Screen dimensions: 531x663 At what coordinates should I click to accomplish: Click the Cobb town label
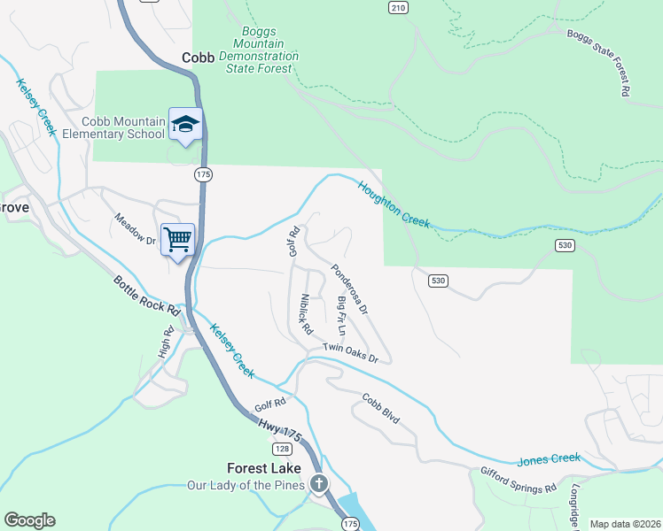click(199, 58)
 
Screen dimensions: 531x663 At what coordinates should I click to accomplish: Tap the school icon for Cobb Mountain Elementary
click(186, 124)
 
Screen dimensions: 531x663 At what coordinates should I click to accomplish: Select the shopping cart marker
click(177, 238)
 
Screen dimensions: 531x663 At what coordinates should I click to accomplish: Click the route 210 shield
click(397, 8)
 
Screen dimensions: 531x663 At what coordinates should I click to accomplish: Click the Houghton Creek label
click(394, 204)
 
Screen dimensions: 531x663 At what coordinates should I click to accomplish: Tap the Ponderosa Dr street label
click(349, 289)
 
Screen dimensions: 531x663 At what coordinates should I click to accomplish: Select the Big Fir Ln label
click(341, 314)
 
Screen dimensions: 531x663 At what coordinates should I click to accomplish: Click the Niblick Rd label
click(307, 313)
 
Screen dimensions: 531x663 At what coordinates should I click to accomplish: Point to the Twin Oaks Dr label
click(351, 353)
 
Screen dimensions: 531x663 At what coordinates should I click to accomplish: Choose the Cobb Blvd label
click(382, 409)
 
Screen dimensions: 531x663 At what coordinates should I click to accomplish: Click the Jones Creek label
click(549, 459)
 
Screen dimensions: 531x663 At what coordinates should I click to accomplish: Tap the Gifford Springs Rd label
click(519, 481)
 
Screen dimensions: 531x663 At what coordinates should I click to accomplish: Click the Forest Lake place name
click(263, 468)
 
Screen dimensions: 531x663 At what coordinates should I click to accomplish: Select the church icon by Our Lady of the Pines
click(318, 483)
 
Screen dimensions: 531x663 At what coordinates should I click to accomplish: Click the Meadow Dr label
click(136, 229)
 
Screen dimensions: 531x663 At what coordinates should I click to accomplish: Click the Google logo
click(29, 519)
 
